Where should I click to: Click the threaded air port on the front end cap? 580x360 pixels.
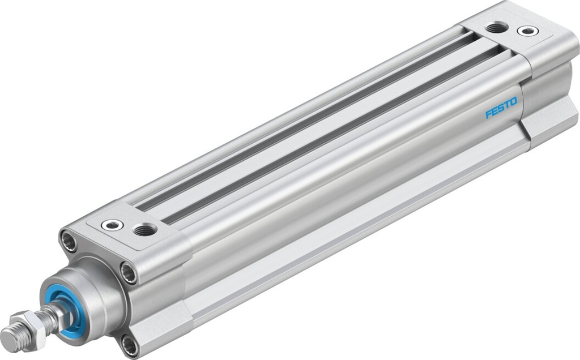[x=146, y=229]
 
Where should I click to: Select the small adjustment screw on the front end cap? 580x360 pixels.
[x=112, y=225]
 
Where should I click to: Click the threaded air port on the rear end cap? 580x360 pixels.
[x=497, y=27]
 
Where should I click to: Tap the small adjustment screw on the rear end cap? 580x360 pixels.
[x=528, y=31]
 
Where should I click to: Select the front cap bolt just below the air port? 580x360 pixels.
[x=129, y=273]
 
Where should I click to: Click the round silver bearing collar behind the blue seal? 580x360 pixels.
[x=102, y=297]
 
